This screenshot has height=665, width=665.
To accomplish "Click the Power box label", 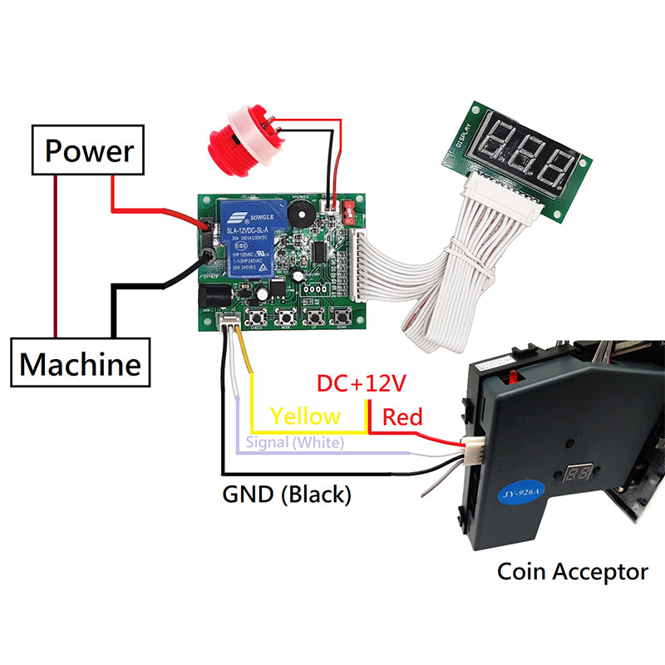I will [x=88, y=150].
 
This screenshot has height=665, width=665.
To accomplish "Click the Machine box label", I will [x=81, y=363].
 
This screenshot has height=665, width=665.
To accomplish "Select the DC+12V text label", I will [x=361, y=384].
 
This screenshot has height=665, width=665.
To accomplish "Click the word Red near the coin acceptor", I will [x=402, y=416].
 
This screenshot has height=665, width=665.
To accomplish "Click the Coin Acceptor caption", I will [x=572, y=572].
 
